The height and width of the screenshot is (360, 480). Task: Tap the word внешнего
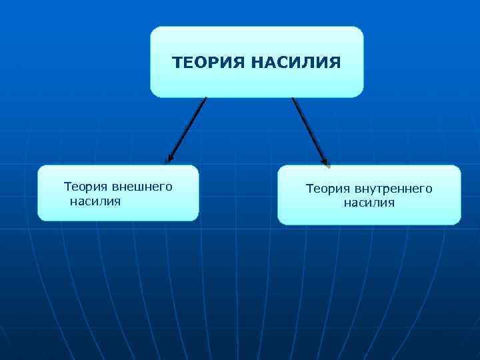pyautogui.click(x=142, y=187)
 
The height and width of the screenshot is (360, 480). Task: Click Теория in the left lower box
pyautogui.click(x=85, y=187)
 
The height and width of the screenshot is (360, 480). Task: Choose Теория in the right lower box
pyautogui.click(x=327, y=189)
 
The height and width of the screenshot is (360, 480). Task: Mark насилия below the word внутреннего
pyautogui.click(x=369, y=203)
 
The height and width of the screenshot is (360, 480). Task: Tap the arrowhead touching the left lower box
pyautogui.click(x=170, y=159)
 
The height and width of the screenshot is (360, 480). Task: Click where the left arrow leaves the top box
pyautogui.click(x=205, y=99)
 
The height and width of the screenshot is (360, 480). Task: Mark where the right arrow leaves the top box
pyautogui.click(x=293, y=99)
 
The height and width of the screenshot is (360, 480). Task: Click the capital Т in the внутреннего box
pyautogui.click(x=309, y=189)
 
